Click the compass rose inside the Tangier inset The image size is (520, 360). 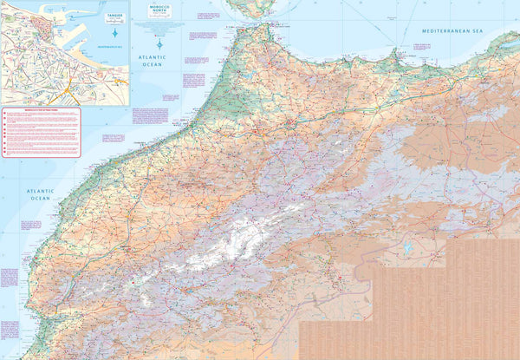pos(114,33)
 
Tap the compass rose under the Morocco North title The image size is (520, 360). pos(159,44)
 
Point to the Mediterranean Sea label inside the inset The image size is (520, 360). pos(110,43)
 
